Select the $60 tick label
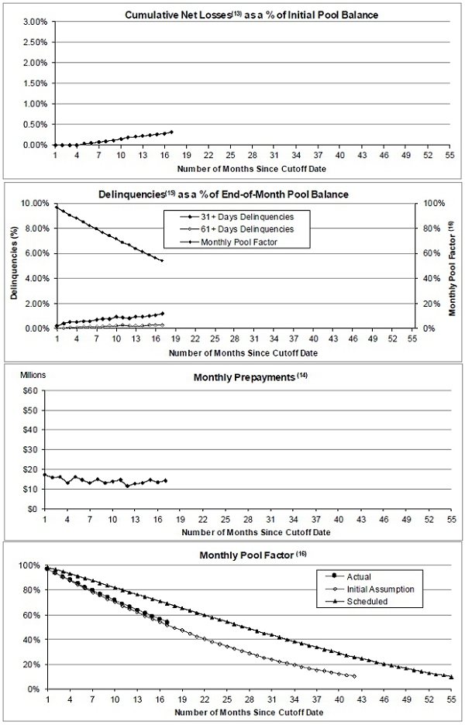(x=31, y=390)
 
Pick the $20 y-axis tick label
(x=31, y=469)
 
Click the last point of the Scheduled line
(x=451, y=677)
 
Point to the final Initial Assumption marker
(x=354, y=676)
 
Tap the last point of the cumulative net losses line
(x=170, y=132)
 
